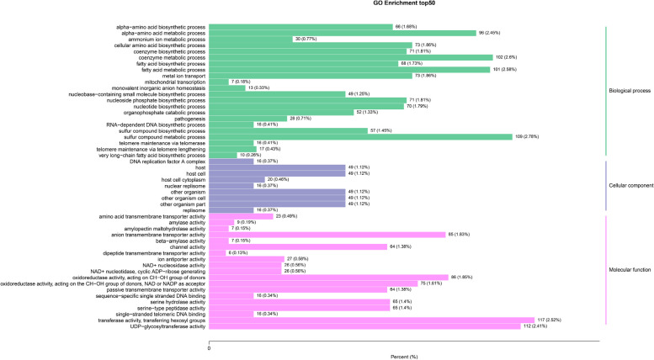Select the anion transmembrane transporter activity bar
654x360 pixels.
tap(327, 235)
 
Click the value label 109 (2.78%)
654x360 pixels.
tap(527, 136)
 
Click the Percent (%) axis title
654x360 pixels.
tap(404, 356)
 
